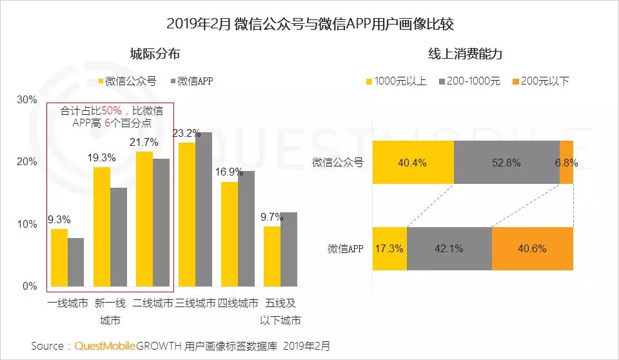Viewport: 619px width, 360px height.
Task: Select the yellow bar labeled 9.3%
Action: point(59,257)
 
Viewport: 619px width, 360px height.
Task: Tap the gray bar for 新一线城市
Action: point(118,237)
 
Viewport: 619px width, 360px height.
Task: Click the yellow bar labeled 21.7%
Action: point(144,219)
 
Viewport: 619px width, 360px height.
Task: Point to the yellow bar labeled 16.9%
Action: point(229,234)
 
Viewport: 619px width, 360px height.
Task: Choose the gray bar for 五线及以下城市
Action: point(288,249)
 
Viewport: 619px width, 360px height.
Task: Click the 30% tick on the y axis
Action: point(27,99)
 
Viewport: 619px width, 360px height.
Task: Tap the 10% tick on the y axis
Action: point(27,224)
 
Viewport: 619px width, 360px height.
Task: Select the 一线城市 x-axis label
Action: point(68,303)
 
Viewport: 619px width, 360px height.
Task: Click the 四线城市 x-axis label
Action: point(238,303)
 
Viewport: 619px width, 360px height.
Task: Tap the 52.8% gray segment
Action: point(506,162)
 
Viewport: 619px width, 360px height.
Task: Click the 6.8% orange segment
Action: point(567,162)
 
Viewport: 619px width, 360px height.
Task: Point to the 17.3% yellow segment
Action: point(389,248)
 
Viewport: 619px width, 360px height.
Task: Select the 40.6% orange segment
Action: point(533,248)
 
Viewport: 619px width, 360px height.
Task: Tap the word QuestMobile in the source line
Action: point(105,346)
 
